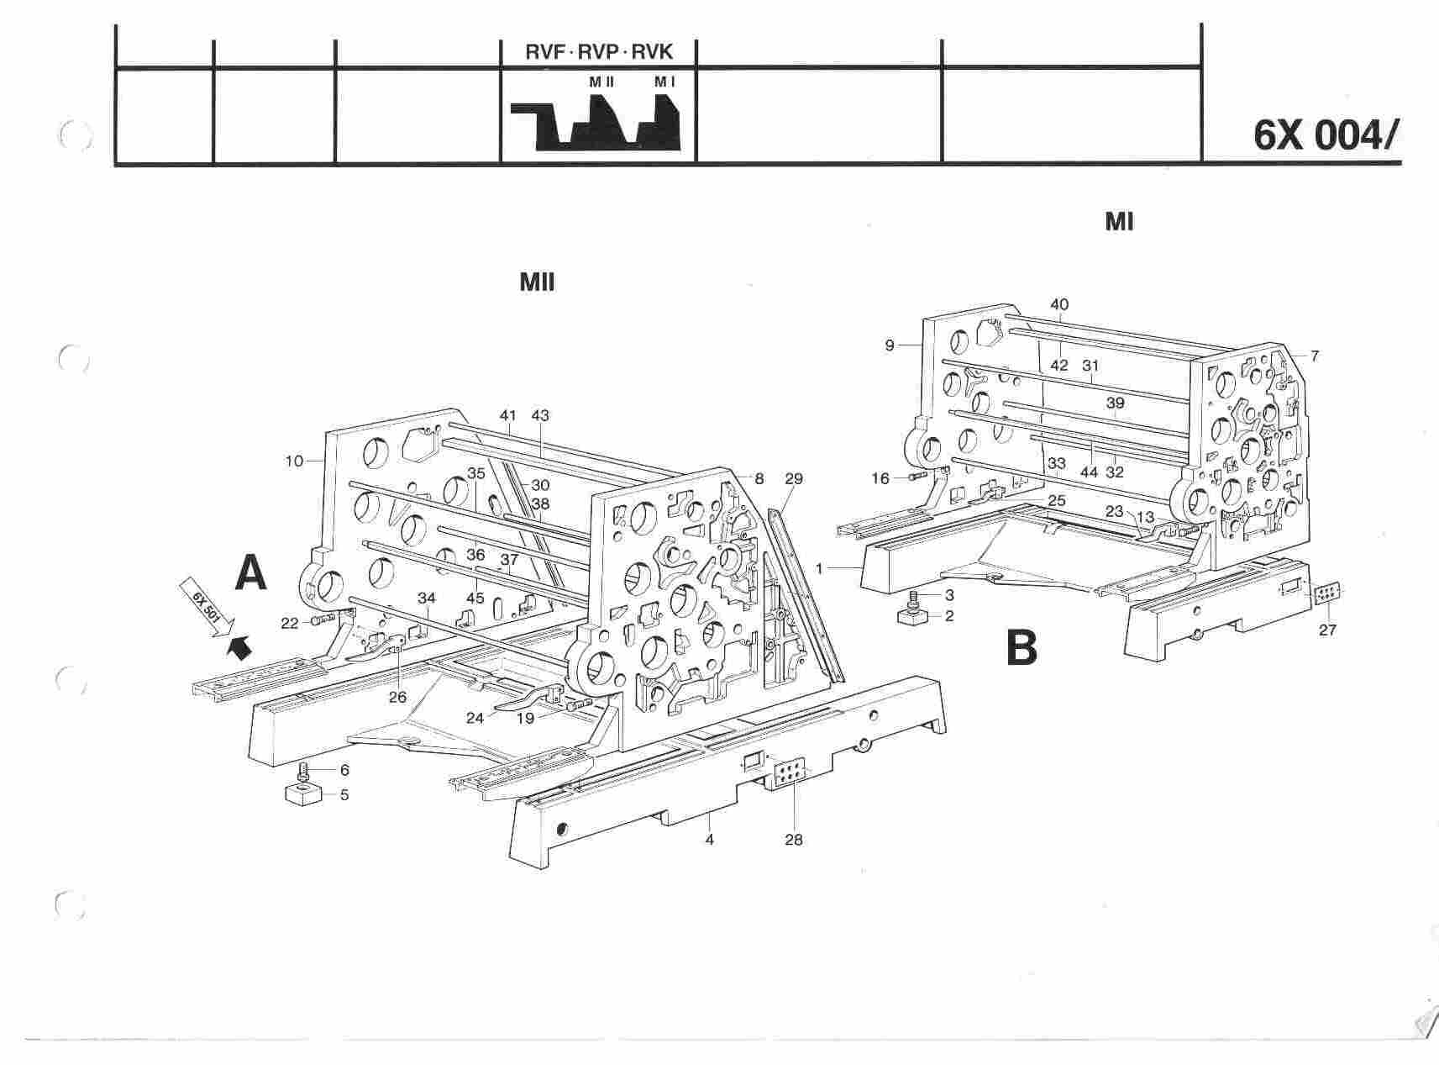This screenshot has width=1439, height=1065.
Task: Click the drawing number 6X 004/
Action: [x=1326, y=135]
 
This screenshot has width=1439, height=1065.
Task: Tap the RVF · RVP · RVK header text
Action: [x=599, y=52]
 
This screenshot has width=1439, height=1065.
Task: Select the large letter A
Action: [x=250, y=574]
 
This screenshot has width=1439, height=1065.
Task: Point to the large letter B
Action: [x=1021, y=648]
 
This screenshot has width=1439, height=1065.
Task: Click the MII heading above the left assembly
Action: [x=538, y=282]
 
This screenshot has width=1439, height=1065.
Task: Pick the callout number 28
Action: [x=793, y=839]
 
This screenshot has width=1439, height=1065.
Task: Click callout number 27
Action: [x=1326, y=630]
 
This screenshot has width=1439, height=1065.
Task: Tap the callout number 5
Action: [x=344, y=794]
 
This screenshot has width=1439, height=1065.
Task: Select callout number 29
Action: [x=793, y=479]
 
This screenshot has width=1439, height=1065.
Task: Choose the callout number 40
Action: [x=1059, y=304]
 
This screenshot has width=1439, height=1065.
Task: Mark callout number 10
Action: [x=294, y=461]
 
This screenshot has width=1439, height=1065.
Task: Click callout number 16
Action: [x=880, y=478]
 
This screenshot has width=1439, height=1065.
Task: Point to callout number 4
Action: [x=709, y=839]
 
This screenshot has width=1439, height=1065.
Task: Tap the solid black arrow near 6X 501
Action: [x=241, y=647]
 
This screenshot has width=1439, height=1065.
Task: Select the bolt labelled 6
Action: [x=303, y=770]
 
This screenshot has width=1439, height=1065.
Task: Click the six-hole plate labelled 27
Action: [x=1326, y=594]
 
